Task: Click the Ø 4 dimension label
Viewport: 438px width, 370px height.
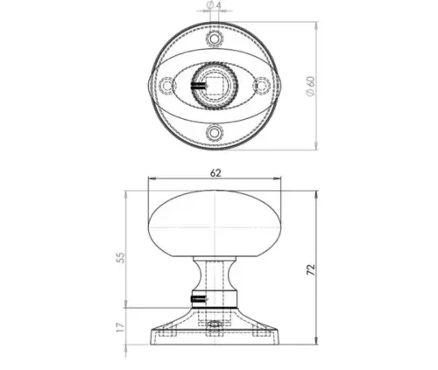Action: tap(213, 7)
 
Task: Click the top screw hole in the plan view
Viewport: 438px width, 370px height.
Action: tap(215, 40)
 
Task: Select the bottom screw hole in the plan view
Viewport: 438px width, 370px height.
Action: tap(215, 132)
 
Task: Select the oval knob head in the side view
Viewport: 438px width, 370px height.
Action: tap(215, 219)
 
